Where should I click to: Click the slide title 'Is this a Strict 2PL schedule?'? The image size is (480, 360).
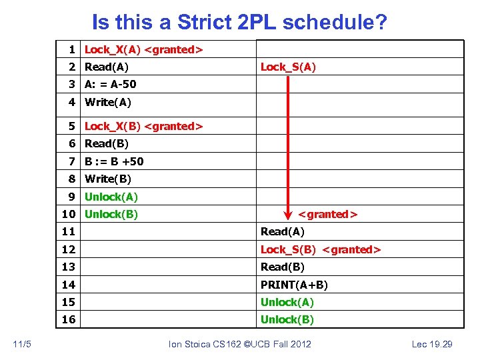tap(239, 22)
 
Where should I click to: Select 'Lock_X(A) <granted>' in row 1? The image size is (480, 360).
tap(143, 49)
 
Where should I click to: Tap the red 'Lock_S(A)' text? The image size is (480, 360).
tap(288, 67)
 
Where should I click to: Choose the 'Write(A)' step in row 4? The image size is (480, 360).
tap(108, 102)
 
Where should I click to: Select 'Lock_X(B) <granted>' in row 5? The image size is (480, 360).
tap(143, 126)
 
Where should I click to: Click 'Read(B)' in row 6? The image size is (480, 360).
tap(107, 143)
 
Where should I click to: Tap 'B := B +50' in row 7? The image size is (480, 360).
tap(114, 161)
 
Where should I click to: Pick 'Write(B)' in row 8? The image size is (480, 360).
tap(108, 179)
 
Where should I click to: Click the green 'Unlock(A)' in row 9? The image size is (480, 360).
tap(111, 197)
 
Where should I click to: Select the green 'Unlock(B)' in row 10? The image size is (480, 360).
tap(111, 214)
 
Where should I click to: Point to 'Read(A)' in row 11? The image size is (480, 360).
tap(282, 232)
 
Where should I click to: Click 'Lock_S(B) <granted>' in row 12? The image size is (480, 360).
tap(320, 249)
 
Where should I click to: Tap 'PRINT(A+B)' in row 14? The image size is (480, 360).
tap(294, 285)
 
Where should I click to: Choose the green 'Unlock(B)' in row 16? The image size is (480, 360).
tap(287, 319)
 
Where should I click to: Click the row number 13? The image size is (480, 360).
tap(69, 267)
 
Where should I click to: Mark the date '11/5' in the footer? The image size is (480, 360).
tap(22, 343)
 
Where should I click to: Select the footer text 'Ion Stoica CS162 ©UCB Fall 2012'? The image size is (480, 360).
tap(240, 343)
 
